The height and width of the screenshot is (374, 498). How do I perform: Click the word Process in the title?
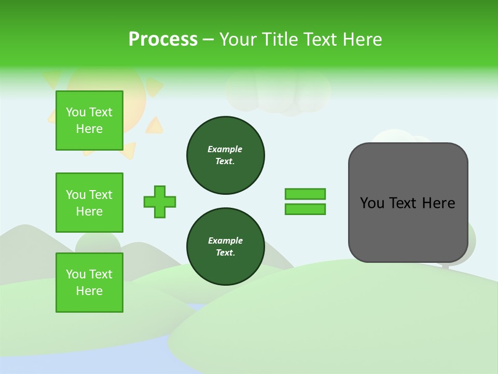pos(163,39)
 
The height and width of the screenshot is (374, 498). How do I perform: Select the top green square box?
pos(89,121)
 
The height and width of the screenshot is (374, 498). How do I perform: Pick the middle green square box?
pos(89,203)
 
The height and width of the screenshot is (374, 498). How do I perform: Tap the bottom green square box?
pos(89,283)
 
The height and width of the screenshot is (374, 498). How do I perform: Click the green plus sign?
pos(160,202)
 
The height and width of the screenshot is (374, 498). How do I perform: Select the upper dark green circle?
pos(226,155)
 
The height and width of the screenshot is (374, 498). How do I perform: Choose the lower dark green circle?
pos(226,247)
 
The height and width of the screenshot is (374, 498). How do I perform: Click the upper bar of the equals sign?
pos(305,194)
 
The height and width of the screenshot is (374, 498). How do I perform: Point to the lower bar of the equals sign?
pos(305,209)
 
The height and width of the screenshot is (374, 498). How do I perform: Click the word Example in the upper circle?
pos(225,149)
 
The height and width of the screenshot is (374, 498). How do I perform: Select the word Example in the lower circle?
pos(225,241)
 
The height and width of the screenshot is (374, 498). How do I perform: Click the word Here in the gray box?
pos(438,203)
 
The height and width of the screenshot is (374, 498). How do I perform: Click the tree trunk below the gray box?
pos(445,266)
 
